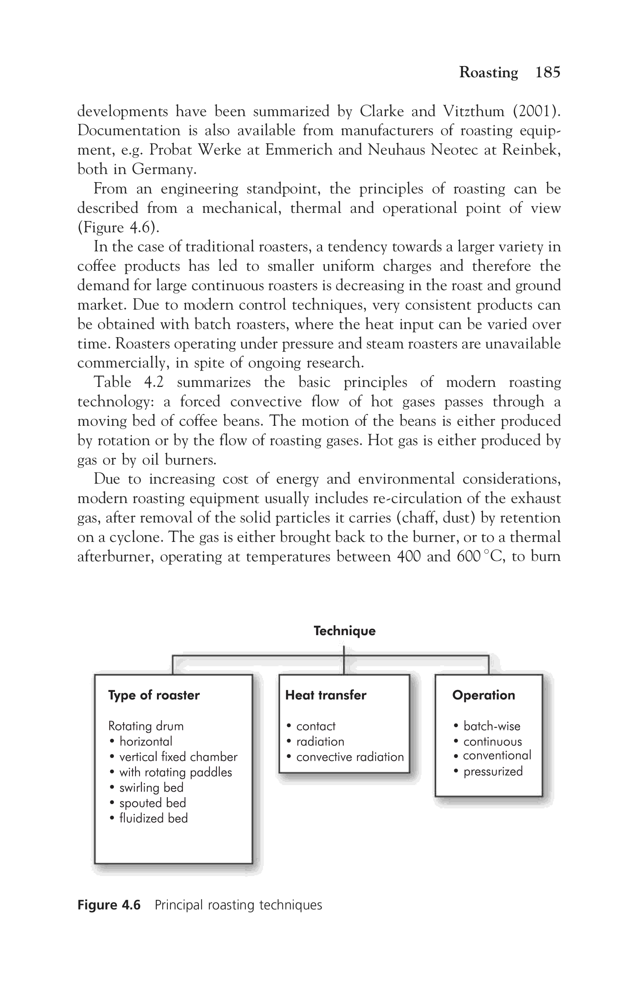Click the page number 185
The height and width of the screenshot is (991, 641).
(x=547, y=72)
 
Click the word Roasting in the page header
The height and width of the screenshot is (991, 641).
(x=488, y=72)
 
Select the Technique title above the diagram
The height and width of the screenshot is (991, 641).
(x=344, y=630)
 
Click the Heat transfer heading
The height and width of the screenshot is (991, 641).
(x=326, y=695)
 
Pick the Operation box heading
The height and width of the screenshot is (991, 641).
(x=483, y=695)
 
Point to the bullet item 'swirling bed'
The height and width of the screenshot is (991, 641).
(x=151, y=787)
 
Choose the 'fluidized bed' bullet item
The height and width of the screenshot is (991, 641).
(x=153, y=818)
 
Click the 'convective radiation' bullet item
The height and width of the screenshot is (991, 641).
(x=350, y=756)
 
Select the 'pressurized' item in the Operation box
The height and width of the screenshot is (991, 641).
(x=493, y=771)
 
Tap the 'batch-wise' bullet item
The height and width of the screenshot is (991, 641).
(x=491, y=726)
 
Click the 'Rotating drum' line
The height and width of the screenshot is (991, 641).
(x=146, y=726)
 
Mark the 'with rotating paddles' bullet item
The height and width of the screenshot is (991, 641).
(x=175, y=772)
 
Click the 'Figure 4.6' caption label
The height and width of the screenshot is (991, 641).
(x=109, y=905)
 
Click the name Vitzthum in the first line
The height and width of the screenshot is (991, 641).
(x=473, y=111)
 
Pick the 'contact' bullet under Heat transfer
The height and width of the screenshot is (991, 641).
(x=315, y=726)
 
